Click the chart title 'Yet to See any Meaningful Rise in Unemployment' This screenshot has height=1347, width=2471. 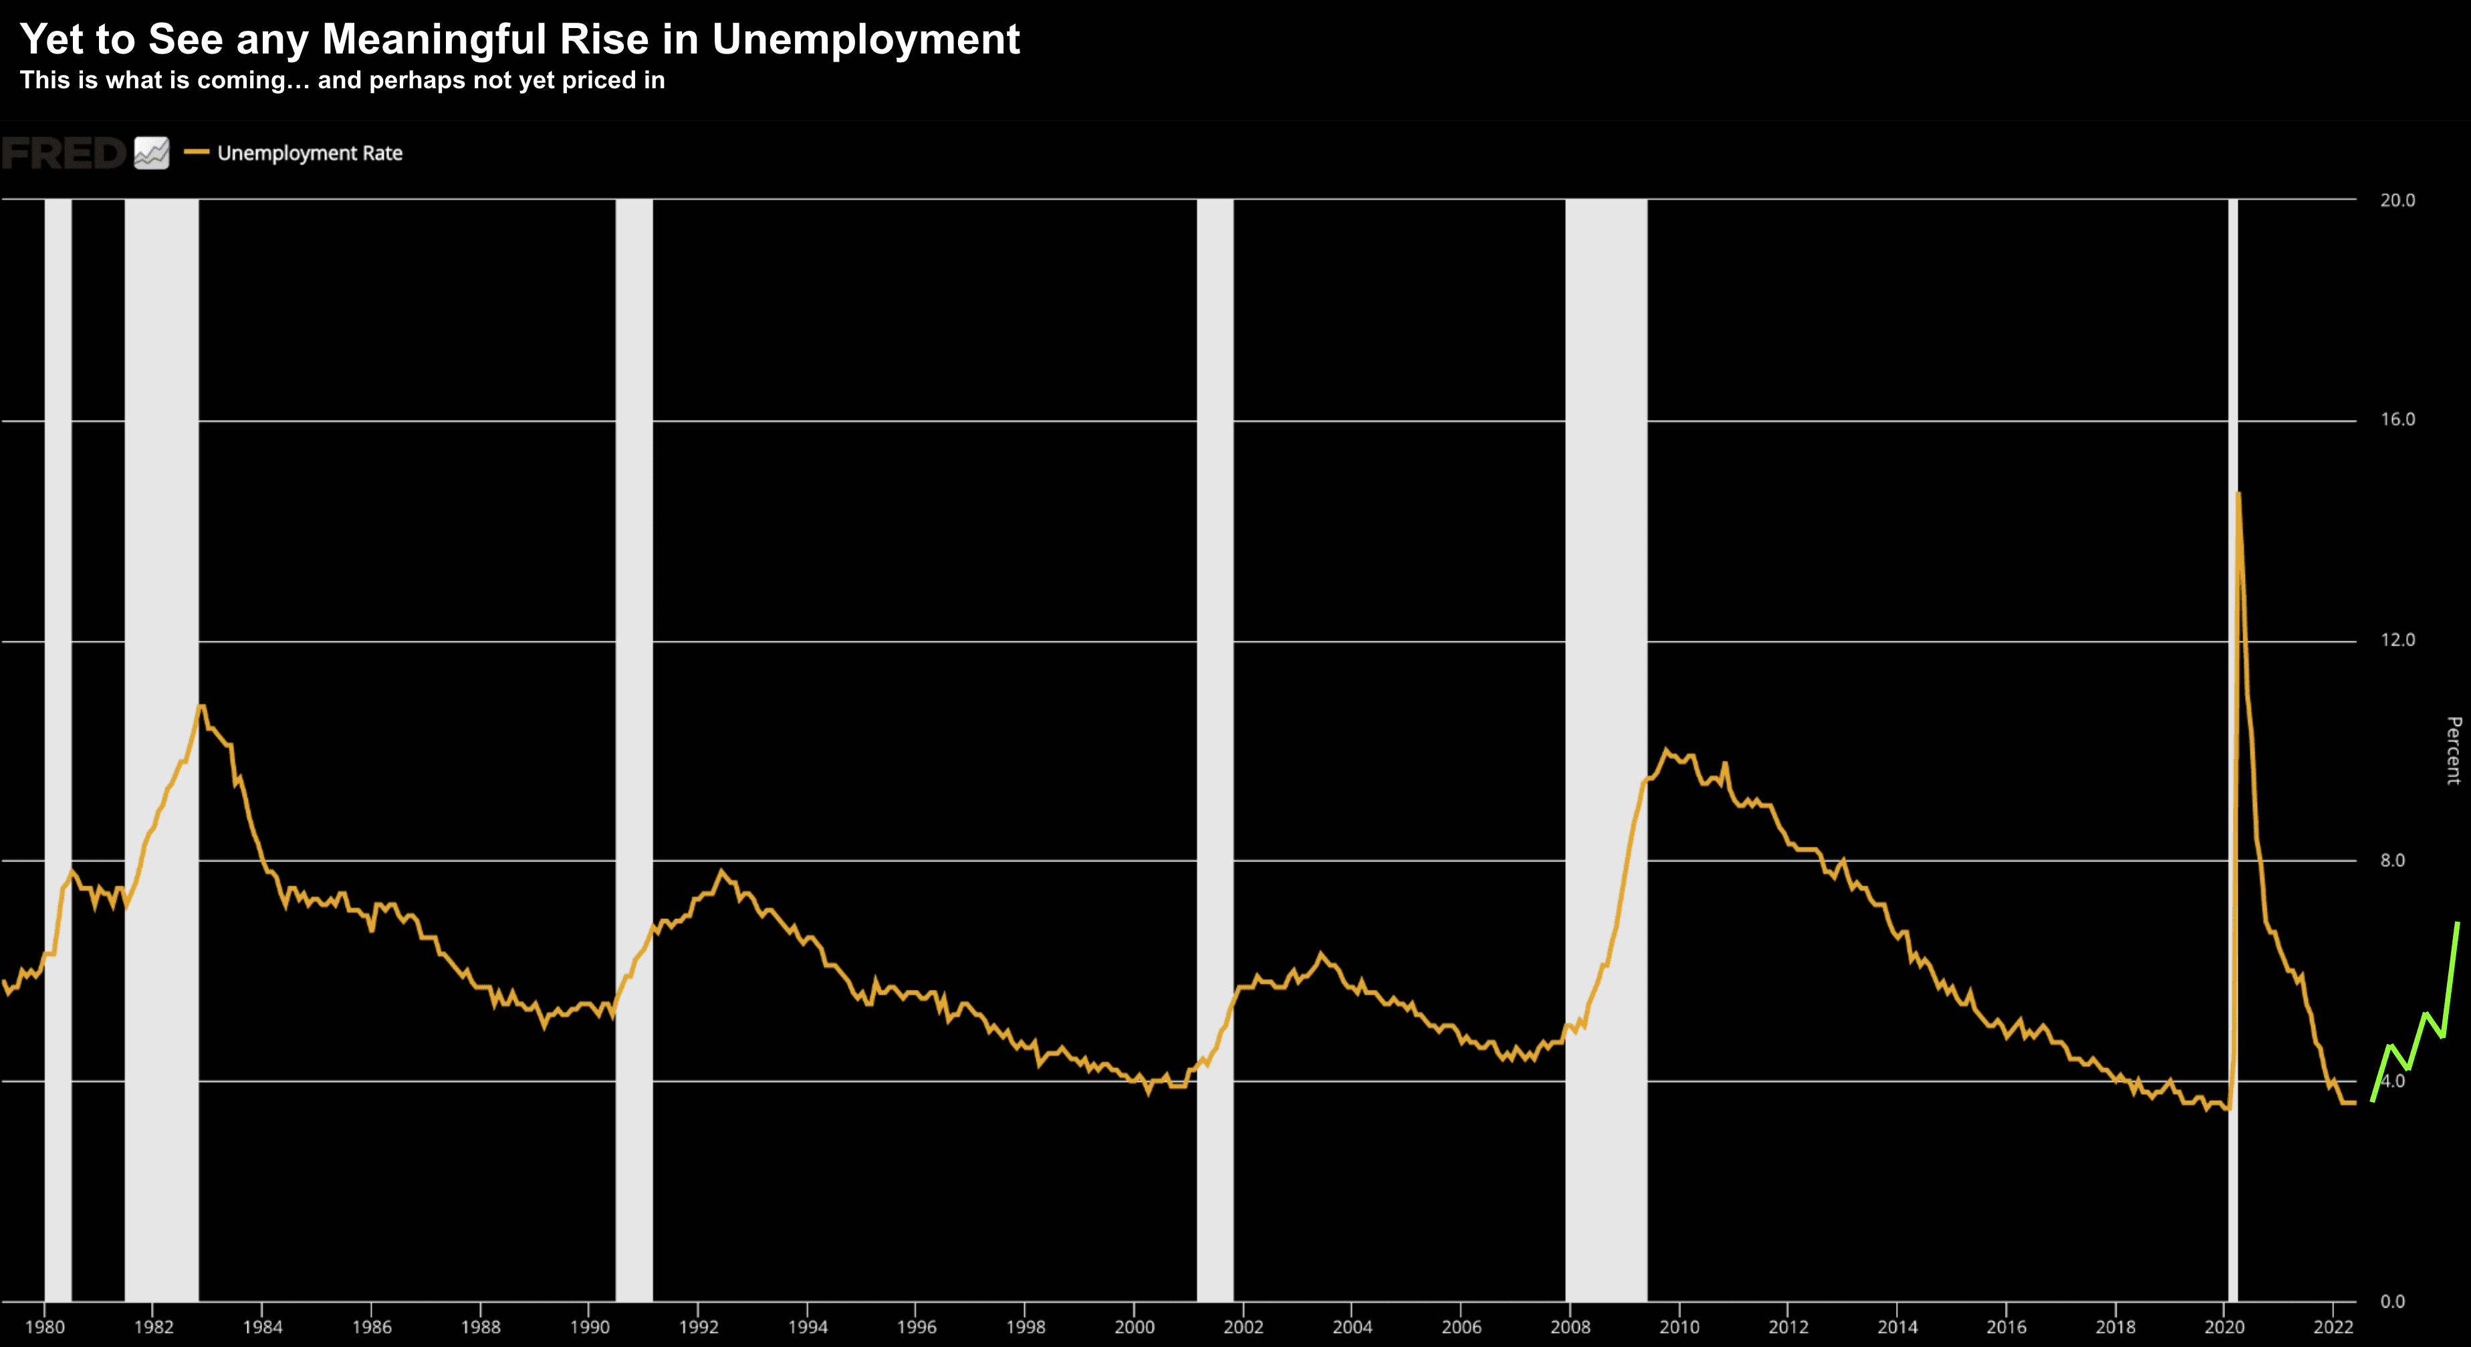pos(519,39)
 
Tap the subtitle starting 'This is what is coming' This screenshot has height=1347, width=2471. pos(342,80)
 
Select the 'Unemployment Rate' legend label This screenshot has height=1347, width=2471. pos(309,154)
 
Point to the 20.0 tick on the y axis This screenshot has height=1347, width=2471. pos(2397,199)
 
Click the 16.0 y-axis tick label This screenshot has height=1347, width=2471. pos(2397,419)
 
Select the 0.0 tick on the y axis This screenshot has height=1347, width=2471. pos(2392,1301)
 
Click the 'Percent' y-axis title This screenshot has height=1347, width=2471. pos(2454,750)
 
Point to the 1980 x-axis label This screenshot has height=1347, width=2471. pos(45,1327)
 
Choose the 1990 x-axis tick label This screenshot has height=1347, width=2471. pos(590,1327)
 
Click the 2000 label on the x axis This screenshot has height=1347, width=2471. pos(1135,1327)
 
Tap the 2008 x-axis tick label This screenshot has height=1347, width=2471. pos(1570,1327)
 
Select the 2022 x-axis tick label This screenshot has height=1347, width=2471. pos(2333,1327)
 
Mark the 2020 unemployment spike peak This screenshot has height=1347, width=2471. pos(2239,494)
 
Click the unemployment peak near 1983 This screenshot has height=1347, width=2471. pos(201,706)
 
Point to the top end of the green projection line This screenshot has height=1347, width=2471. pos(2458,924)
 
